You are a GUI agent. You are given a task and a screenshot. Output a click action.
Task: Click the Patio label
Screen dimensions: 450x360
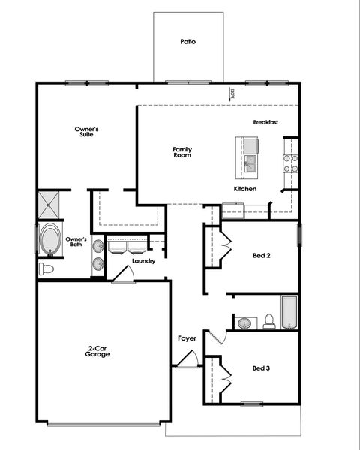coord(187,42)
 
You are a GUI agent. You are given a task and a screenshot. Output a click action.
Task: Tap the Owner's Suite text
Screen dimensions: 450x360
coord(86,132)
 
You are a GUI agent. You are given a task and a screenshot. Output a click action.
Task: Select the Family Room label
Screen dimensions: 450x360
coord(183,151)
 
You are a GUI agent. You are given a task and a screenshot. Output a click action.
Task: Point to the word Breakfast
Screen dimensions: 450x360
coord(265,122)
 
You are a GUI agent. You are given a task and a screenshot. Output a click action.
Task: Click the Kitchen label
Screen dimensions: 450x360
coord(245,189)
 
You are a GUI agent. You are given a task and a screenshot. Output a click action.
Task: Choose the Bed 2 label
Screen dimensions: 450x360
coord(261,255)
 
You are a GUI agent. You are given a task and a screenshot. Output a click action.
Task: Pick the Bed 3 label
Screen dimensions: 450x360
coord(261,367)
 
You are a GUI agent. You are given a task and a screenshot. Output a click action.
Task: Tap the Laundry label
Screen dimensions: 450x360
coord(143,261)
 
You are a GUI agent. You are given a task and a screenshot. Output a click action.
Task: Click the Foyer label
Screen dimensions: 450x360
coord(187,338)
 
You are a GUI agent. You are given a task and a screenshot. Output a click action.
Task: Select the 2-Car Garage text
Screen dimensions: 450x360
coord(97,350)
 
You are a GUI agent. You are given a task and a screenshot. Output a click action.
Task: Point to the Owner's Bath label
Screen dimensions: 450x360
coord(76,241)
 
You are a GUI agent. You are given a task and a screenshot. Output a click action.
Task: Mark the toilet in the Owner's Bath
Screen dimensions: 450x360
coord(47,268)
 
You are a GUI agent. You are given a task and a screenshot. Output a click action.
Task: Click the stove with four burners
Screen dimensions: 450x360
coord(289,163)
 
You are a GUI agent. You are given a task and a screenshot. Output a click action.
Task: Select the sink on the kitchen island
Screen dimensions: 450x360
coord(251,160)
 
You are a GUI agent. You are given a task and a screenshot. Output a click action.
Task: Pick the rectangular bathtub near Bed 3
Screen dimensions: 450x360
coord(289,312)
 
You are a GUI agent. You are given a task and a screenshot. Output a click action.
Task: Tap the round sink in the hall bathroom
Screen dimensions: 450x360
coord(244,323)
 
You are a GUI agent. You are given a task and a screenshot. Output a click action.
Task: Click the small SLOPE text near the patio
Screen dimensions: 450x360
coord(233,93)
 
